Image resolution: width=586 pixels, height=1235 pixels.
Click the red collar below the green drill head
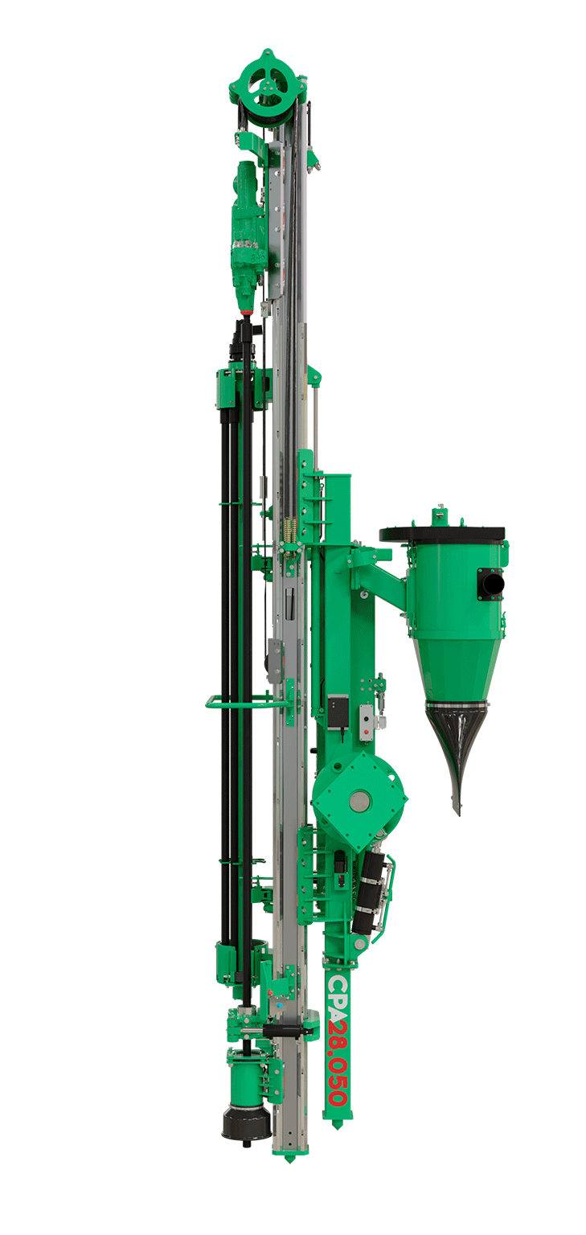coord(246,314)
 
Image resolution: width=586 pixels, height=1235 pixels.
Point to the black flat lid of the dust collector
coord(442,534)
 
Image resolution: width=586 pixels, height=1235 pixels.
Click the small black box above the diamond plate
coord(338,712)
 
